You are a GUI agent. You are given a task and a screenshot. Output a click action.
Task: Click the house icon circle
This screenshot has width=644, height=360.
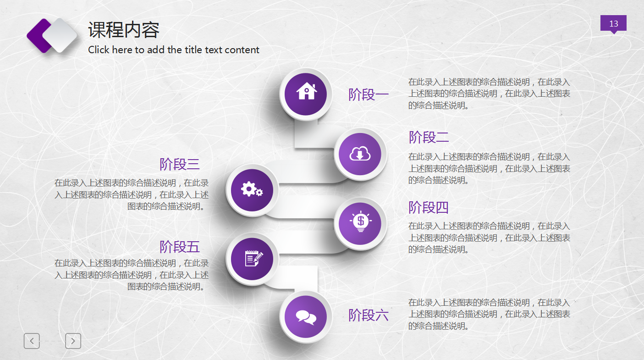(x=306, y=94)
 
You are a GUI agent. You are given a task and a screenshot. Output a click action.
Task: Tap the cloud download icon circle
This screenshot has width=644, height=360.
(x=360, y=154)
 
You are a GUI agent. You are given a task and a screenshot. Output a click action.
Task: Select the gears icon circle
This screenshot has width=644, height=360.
(x=252, y=189)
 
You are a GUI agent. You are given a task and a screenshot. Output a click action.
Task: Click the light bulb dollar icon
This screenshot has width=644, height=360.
(x=360, y=223)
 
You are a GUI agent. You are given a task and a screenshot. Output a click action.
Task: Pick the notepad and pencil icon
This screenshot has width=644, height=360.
(x=252, y=259)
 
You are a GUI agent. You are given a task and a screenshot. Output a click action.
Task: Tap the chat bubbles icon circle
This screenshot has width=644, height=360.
(x=306, y=316)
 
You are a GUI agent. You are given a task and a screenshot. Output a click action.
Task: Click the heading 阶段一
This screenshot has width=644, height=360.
(x=368, y=95)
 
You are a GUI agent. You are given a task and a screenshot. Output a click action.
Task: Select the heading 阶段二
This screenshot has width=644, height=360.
(x=429, y=137)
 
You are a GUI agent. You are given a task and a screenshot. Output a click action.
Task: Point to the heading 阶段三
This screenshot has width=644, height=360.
(x=180, y=164)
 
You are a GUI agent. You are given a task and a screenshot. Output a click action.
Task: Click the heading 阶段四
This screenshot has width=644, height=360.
(x=429, y=207)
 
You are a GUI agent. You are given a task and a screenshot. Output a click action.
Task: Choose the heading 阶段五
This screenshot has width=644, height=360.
(x=180, y=247)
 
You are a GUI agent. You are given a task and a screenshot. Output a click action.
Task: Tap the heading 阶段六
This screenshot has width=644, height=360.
(x=368, y=315)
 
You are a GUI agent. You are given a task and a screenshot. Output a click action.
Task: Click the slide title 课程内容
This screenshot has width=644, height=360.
(x=124, y=30)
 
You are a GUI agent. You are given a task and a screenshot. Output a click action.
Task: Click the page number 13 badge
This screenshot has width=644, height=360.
(x=613, y=24)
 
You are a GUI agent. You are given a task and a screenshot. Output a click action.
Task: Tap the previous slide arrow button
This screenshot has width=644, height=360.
(x=32, y=341)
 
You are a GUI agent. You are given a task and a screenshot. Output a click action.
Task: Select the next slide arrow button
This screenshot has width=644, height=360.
(x=73, y=341)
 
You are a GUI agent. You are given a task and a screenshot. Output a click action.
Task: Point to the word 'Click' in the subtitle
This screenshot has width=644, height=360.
(x=99, y=50)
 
